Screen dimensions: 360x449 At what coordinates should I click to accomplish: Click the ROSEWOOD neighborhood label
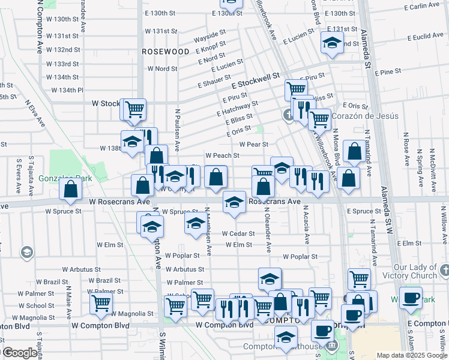tap(166, 52)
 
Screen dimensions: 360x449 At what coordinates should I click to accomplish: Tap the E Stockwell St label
tap(255, 80)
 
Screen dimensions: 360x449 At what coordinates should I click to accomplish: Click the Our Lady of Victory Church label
tap(407, 271)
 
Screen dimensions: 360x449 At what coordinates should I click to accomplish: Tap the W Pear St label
tap(253, 144)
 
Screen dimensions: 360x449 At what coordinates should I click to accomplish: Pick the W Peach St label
tap(222, 155)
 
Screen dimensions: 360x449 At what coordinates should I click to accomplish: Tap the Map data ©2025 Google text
tap(411, 355)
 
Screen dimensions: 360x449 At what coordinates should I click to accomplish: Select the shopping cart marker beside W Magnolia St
tap(101, 303)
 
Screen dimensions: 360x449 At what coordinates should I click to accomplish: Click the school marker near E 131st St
tap(331, 41)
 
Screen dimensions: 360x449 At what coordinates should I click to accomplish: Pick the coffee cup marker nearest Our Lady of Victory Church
tap(411, 298)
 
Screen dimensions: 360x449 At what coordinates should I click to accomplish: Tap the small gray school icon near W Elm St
tap(26, 253)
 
